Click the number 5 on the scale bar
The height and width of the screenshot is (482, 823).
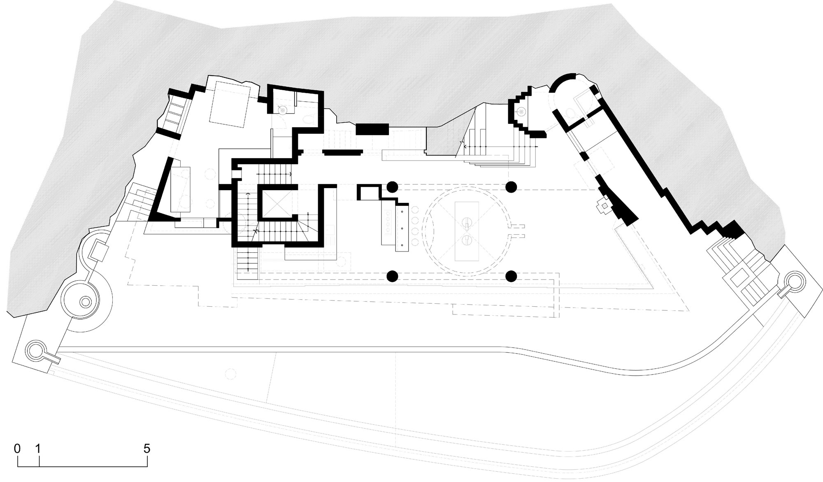[x=147, y=448]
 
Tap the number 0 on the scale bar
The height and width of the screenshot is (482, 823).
[x=17, y=448]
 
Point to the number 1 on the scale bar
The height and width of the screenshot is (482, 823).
[x=39, y=448]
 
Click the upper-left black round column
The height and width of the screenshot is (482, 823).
[x=392, y=187]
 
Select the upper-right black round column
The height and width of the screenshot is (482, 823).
[x=511, y=187]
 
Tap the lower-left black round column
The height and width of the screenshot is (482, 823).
[x=392, y=275]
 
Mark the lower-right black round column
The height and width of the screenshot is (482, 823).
[x=511, y=275]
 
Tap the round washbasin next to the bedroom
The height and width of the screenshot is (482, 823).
[x=282, y=109]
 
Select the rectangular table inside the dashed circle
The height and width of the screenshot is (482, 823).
[x=467, y=231]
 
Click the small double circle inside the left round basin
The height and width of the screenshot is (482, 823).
[x=85, y=302]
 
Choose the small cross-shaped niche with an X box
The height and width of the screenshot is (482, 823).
[x=604, y=205]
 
